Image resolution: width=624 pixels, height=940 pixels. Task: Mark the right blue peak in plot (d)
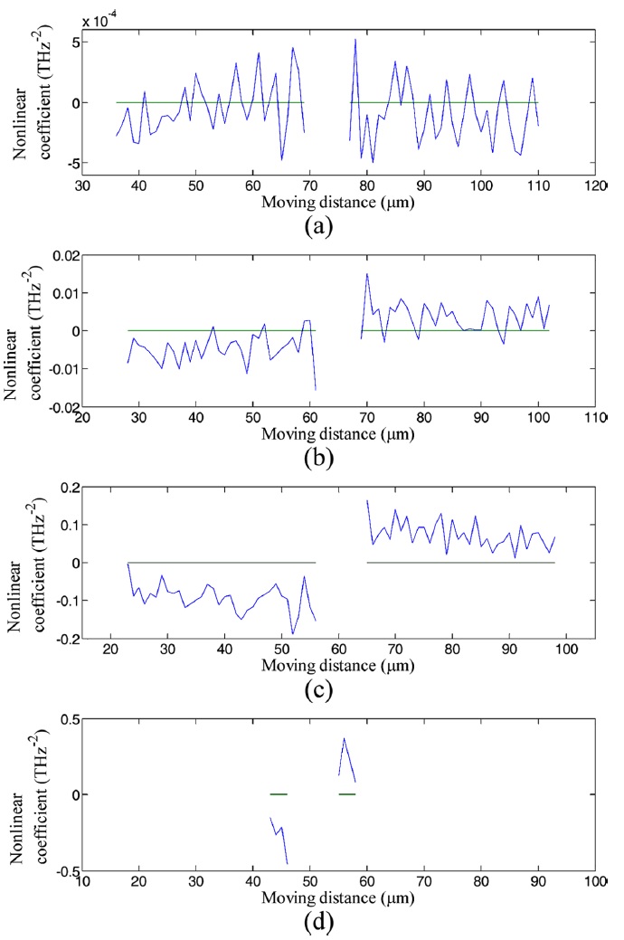tap(344, 739)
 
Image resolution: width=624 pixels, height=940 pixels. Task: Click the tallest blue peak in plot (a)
tap(355, 40)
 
